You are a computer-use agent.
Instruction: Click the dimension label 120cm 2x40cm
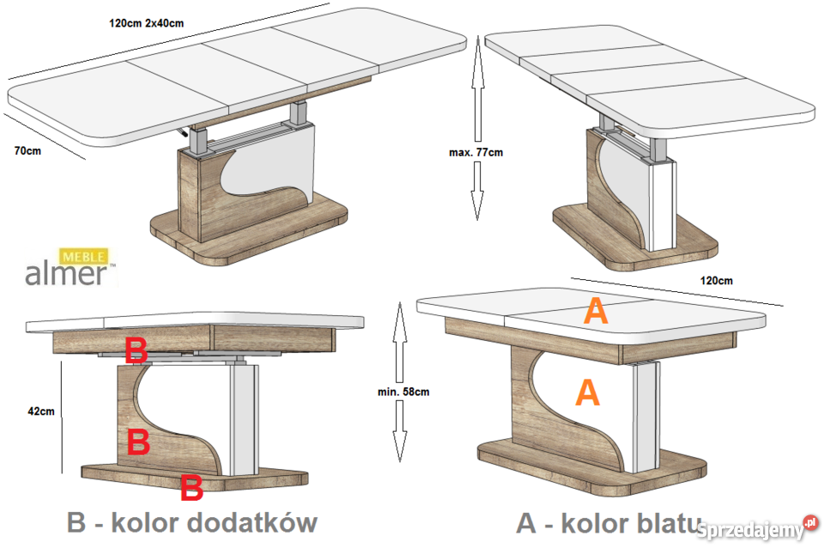(147, 22)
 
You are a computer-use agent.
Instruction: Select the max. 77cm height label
(476, 152)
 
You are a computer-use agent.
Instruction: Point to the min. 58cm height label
(403, 391)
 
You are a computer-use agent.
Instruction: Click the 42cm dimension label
(40, 411)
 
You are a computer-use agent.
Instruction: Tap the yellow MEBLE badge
(82, 256)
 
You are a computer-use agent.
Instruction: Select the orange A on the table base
(586, 392)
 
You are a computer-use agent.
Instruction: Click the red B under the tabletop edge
(136, 350)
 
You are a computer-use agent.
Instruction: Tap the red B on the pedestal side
(138, 442)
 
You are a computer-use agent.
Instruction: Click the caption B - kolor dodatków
(191, 522)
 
